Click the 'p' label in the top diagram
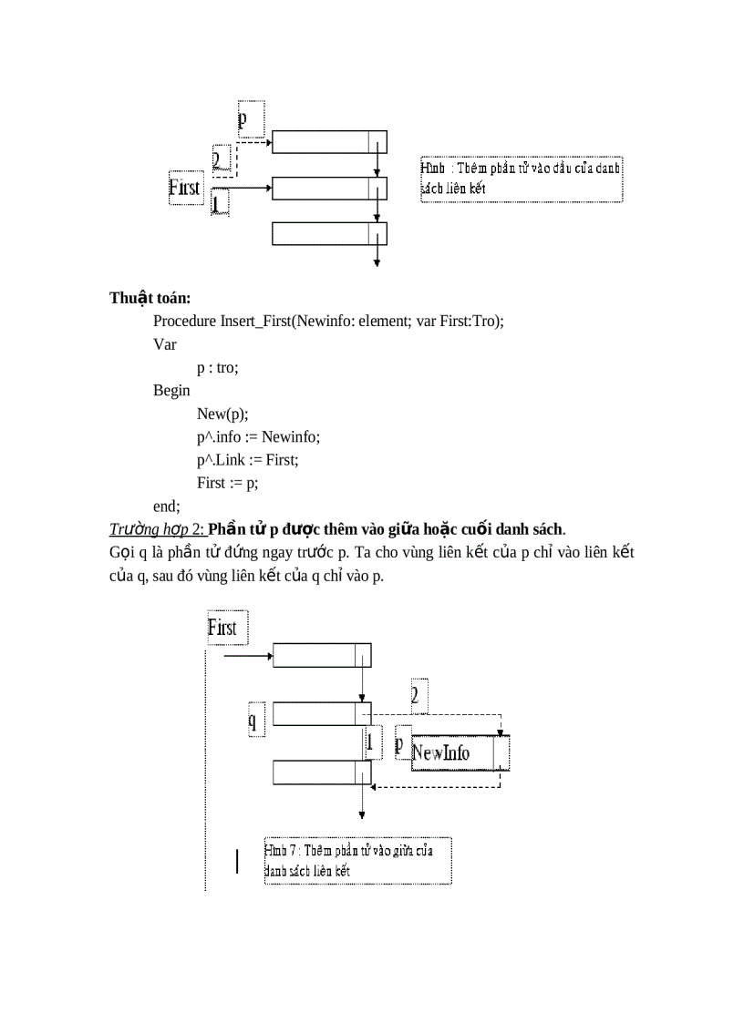pos(243,119)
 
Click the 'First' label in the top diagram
pos(184,188)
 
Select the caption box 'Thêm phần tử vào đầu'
pos(521,179)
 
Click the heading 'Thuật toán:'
pos(150,298)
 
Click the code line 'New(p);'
pos(222,414)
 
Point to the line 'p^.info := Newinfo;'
pos(258,436)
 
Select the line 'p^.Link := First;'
pos(247,460)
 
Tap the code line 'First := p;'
pos(233,483)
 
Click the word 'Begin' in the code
pos(171,390)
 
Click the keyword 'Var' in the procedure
pos(164,344)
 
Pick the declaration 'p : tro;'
pos(219,367)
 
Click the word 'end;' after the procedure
pos(167,506)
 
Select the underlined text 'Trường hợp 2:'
pos(157,529)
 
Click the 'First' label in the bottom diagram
pos(222,628)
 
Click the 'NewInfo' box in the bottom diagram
pos(442,752)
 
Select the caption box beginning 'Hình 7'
pos(356,860)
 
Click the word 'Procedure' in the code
pos(185,321)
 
